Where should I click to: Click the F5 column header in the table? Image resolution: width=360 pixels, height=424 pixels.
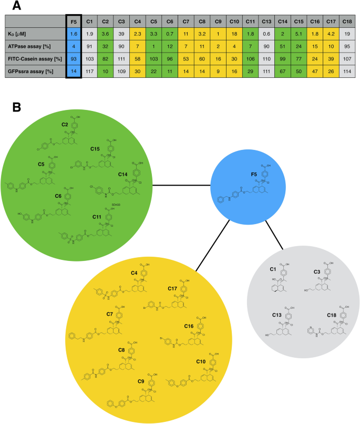click(74, 22)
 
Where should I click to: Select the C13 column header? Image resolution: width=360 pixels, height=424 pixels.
click(267, 22)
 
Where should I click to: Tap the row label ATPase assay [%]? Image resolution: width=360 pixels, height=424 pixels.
click(29, 46)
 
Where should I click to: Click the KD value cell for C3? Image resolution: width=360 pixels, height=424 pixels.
click(121, 34)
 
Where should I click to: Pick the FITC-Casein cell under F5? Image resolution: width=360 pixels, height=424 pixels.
click(74, 58)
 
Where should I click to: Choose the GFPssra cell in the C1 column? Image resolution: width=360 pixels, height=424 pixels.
click(89, 70)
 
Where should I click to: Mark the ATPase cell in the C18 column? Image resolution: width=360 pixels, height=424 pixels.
click(347, 46)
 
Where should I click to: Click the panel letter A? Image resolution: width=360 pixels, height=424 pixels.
click(17, 6)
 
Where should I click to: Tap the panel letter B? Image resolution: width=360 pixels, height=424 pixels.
click(16, 107)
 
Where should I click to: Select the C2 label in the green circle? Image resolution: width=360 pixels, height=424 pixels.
click(66, 124)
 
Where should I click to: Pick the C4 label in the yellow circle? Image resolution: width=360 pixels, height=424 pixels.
click(135, 273)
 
